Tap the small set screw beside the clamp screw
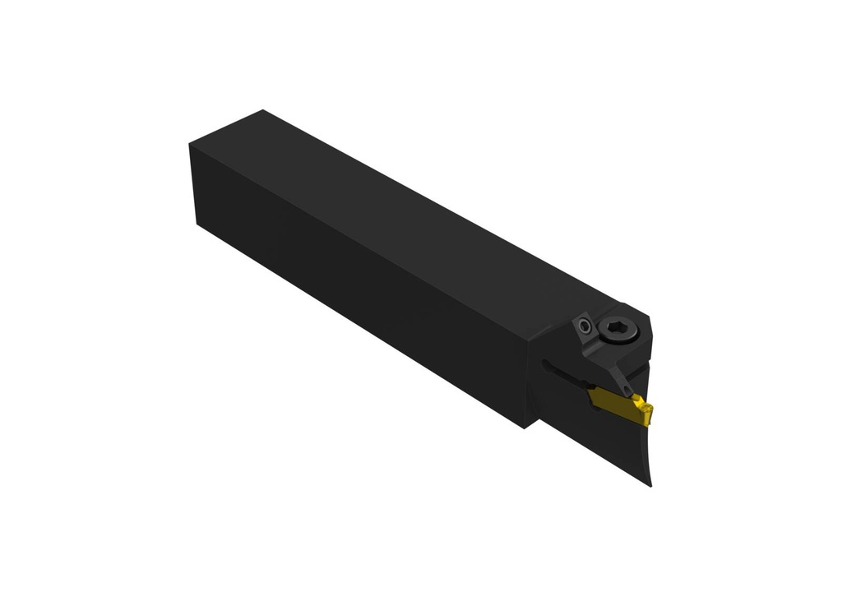(584, 326)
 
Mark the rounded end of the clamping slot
(545, 362)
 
